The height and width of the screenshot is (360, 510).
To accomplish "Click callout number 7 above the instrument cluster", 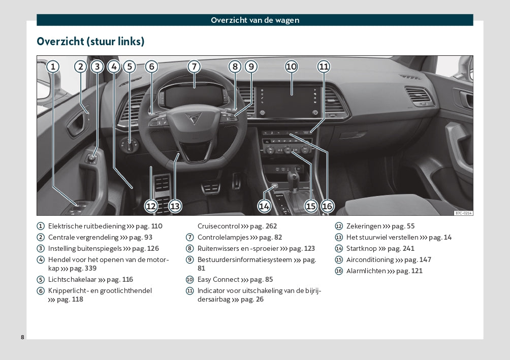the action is click(194, 67).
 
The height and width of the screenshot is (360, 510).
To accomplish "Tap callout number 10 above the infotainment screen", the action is click(291, 67).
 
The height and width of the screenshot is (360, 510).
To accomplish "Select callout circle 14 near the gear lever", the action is click(264, 206).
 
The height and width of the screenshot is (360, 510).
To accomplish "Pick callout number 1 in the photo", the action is click(53, 67).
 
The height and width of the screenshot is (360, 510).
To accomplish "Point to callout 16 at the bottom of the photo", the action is click(327, 206).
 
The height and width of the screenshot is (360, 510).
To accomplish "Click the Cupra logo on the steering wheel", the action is click(193, 118).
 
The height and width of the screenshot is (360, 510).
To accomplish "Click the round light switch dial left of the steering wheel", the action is click(130, 145).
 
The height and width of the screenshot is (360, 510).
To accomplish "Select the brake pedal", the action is click(211, 188).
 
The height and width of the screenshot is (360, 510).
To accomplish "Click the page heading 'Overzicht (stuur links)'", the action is click(90, 41).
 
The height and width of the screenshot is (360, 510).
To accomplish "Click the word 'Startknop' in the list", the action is click(361, 249).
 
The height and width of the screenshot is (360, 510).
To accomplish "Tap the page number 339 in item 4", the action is click(90, 268).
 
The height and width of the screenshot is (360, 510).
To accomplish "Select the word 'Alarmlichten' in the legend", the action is click(366, 271).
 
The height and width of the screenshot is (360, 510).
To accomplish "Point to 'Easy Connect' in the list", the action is click(218, 279).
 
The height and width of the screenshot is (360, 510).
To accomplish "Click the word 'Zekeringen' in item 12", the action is click(364, 226).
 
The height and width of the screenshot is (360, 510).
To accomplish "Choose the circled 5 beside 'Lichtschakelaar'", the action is click(41, 280).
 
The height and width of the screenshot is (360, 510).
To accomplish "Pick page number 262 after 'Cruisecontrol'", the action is click(271, 226).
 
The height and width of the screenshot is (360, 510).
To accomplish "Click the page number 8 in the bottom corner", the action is click(22, 337).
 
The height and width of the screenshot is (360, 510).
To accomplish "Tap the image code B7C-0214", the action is click(463, 213).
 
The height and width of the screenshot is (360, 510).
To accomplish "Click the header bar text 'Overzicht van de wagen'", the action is click(255, 20).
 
